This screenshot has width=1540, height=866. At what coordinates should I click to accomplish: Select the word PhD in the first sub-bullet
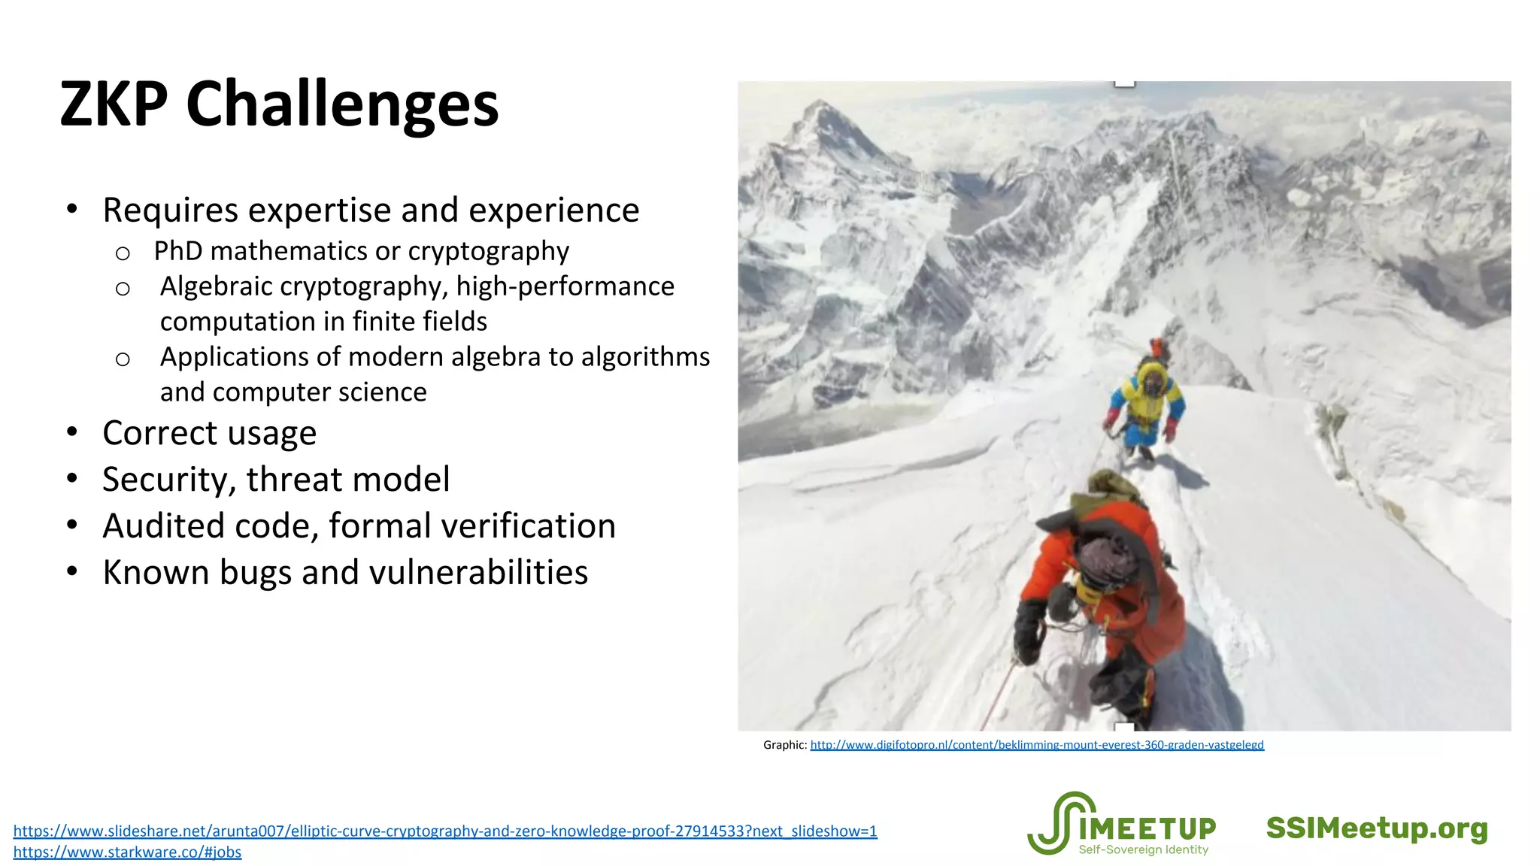pos(178,251)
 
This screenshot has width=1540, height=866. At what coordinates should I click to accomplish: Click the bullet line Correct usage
pos(209,433)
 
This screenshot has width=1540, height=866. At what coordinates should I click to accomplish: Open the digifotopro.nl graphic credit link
pos(1036,745)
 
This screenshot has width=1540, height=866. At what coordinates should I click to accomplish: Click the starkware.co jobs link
pos(127,852)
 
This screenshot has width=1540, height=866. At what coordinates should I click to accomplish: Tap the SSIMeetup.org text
pos(1377,828)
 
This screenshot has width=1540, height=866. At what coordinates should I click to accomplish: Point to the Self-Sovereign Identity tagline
pos(1143,850)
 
